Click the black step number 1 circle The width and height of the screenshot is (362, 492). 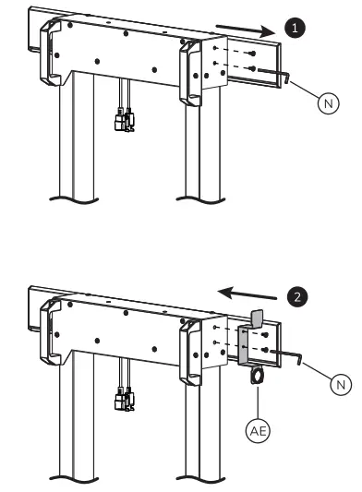[x=296, y=30]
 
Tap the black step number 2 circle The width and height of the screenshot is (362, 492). [x=297, y=297]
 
